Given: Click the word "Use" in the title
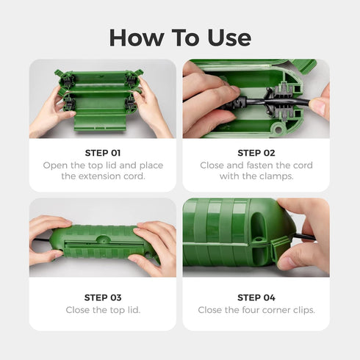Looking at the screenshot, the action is click(x=229, y=37).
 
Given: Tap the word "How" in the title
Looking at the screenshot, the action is click(x=137, y=37).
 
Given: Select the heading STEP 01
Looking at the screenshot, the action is click(x=103, y=153).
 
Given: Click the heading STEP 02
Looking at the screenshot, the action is click(x=256, y=153).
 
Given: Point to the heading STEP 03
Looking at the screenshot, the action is click(x=103, y=298).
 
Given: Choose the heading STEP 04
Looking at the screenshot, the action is click(x=256, y=298).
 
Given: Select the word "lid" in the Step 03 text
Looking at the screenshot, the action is click(x=134, y=310).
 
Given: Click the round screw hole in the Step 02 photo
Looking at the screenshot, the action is click(x=278, y=129).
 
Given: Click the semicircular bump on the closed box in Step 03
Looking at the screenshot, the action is click(x=103, y=239).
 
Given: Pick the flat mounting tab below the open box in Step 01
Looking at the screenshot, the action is click(x=100, y=122).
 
